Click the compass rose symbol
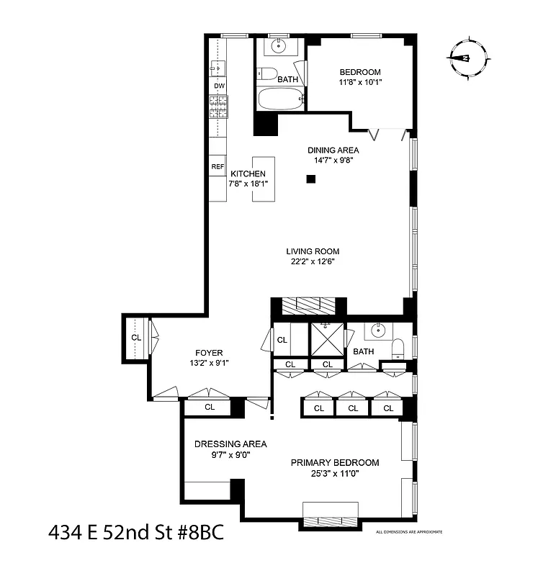(x=468, y=58)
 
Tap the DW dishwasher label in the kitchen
(x=219, y=86)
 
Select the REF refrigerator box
(x=218, y=166)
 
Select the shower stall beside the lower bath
(x=326, y=339)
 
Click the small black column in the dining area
(x=311, y=179)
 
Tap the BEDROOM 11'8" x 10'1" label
(x=359, y=77)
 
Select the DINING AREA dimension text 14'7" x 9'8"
(x=333, y=161)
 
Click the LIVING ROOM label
(x=313, y=251)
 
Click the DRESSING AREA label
(x=230, y=444)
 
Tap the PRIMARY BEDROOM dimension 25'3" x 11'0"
(x=334, y=473)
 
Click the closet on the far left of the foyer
(x=135, y=337)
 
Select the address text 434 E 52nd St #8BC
(x=136, y=534)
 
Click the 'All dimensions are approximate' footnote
(x=408, y=532)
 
